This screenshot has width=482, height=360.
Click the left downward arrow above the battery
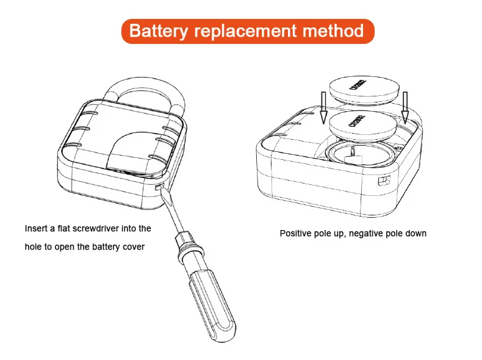click(323, 106)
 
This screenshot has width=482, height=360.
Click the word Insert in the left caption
click(34, 229)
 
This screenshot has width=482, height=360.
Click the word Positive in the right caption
click(295, 233)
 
